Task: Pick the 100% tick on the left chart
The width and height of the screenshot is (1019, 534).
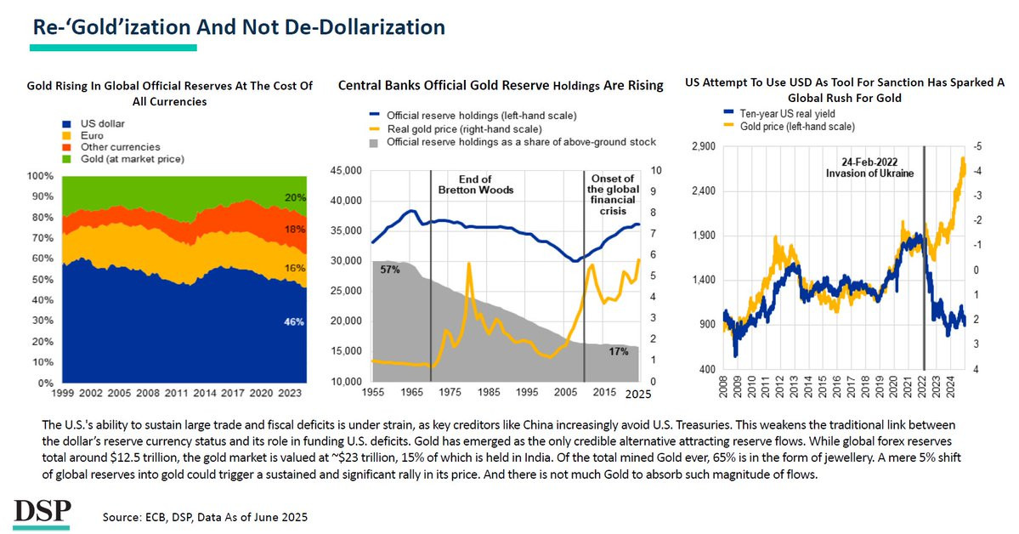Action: tap(40, 177)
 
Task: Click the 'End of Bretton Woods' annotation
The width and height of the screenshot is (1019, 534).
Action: tap(474, 185)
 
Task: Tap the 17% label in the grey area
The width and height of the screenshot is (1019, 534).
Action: tap(619, 351)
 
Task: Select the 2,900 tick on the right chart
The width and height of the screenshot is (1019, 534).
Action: tap(705, 146)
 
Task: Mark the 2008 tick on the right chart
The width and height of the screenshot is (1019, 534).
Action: tap(723, 389)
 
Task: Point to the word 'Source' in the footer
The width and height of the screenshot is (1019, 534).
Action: tap(120, 517)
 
